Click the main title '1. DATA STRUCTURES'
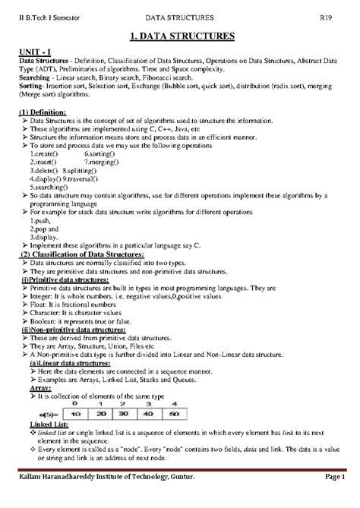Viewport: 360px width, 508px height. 180,35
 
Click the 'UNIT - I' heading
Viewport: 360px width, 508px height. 35,50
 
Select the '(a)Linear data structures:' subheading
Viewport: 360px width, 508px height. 74,364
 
